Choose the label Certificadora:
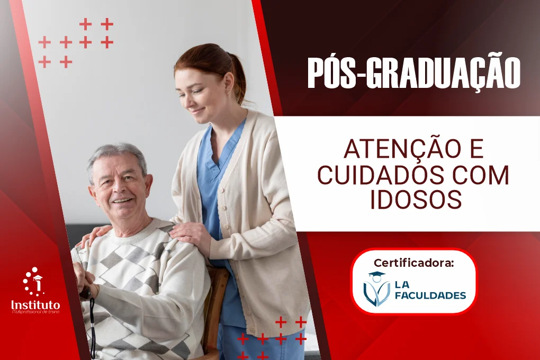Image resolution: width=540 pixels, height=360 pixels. [413, 263]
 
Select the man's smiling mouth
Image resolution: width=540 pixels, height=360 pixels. [123, 201]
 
